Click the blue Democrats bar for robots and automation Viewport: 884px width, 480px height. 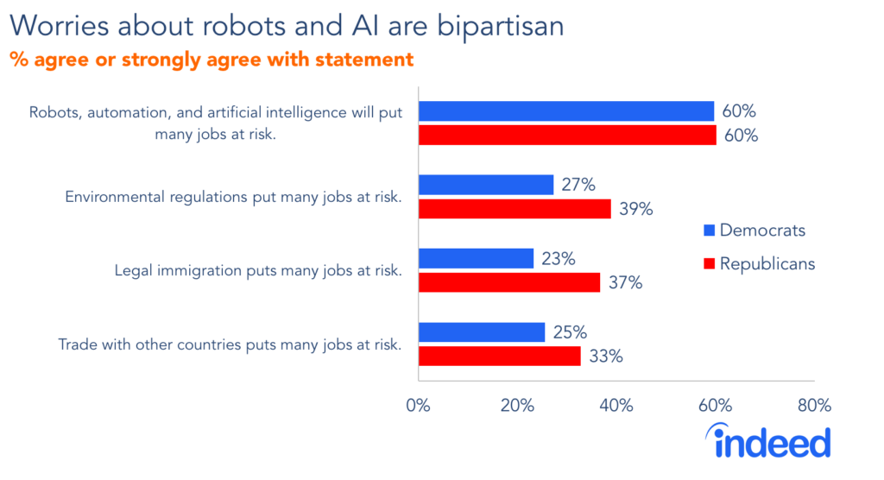(566, 111)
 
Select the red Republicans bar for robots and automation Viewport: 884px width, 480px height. (567, 136)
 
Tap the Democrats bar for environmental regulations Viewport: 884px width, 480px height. (486, 185)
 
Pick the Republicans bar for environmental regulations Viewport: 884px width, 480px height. (515, 209)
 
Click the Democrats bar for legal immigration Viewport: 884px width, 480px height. (476, 258)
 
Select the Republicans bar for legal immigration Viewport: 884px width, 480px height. (509, 282)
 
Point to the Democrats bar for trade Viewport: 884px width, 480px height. (482, 332)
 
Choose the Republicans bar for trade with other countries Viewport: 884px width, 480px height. (499, 356)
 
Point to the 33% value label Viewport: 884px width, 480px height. (606, 356)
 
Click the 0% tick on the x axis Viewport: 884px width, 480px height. (418, 406)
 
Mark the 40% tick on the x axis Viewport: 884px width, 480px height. (616, 406)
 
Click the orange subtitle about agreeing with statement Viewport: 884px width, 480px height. (212, 60)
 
